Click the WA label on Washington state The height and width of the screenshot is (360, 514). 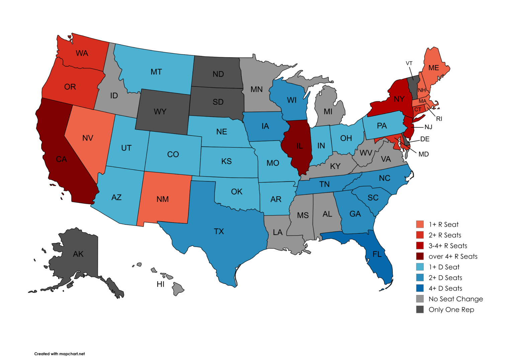(x=82, y=53)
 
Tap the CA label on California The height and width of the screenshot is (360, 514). (x=61, y=159)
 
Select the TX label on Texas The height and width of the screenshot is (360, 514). (x=219, y=231)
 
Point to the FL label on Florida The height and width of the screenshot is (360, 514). (x=377, y=254)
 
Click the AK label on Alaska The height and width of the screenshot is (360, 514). (x=78, y=254)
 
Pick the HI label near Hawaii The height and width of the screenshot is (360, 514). (x=161, y=284)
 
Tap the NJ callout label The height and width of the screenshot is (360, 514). (x=428, y=127)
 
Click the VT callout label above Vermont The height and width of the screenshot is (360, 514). (x=409, y=63)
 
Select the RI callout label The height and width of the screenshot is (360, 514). (x=439, y=119)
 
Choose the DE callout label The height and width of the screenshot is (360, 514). (x=425, y=139)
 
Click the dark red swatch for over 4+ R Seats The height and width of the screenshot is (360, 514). (x=420, y=256)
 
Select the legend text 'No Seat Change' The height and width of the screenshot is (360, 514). (x=455, y=299)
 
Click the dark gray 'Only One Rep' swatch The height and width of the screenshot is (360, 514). (x=420, y=309)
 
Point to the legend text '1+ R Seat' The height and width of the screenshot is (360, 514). (x=443, y=224)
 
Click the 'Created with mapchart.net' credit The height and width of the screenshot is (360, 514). (x=60, y=354)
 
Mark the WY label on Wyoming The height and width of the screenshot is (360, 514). (x=160, y=112)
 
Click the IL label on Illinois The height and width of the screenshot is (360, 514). (x=299, y=146)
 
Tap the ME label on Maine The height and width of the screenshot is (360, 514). (x=433, y=68)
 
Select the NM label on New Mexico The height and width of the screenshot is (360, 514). (x=163, y=199)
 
